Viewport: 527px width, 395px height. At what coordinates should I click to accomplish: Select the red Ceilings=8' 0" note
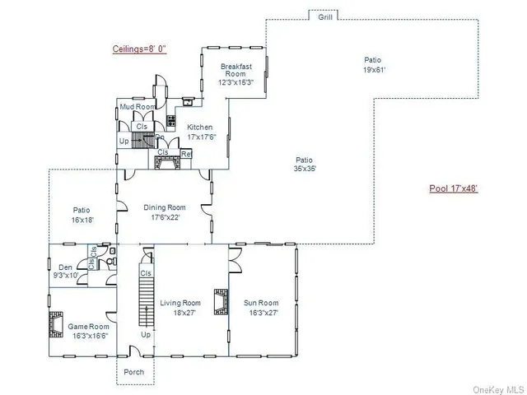point(139,49)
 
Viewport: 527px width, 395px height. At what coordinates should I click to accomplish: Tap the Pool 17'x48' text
point(454,188)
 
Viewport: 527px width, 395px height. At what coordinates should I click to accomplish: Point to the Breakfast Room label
point(235,74)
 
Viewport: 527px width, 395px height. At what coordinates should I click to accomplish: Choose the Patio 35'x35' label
point(305,164)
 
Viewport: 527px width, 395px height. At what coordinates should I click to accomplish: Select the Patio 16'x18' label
point(82,215)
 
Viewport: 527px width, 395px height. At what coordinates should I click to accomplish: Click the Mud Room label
point(138,107)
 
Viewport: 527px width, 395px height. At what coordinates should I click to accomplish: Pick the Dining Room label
point(165,212)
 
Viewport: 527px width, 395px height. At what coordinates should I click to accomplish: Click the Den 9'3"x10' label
point(66,271)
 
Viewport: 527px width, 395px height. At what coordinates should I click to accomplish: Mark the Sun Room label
point(261,308)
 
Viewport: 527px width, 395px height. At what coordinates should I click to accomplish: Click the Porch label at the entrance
point(133,372)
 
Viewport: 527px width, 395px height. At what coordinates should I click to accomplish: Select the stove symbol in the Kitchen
point(171,121)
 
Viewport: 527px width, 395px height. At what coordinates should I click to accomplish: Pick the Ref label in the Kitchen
point(186,154)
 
